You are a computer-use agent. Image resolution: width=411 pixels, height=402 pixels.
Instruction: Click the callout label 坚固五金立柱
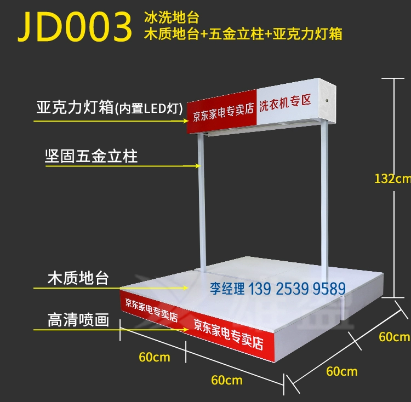pyautogui.click(x=91, y=156)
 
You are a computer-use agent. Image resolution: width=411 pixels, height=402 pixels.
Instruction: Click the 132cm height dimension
pyautogui.click(x=392, y=179)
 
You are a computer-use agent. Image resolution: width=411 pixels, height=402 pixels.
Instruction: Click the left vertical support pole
pyautogui.click(x=202, y=203)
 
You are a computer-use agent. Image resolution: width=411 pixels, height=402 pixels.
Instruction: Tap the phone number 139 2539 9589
pyautogui.click(x=297, y=289)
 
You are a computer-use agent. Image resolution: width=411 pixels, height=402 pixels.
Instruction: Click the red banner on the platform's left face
pyautogui.click(x=151, y=310)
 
